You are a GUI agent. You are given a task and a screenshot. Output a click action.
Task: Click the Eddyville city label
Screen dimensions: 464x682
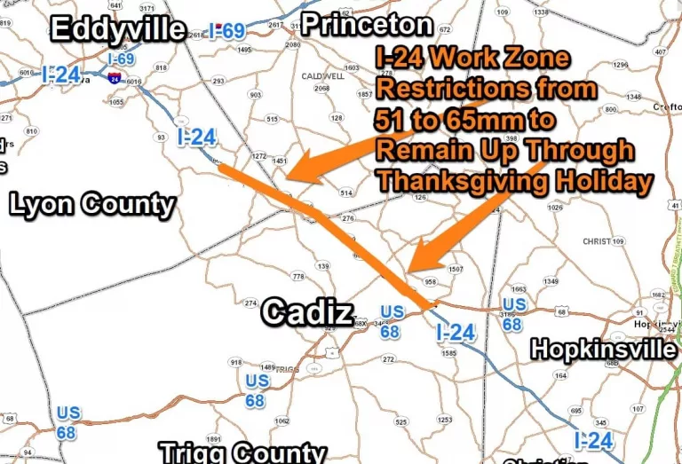[x=118, y=29]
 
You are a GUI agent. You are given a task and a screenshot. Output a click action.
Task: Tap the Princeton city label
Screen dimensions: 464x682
[x=366, y=25]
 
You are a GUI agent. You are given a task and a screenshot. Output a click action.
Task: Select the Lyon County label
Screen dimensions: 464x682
[x=92, y=205]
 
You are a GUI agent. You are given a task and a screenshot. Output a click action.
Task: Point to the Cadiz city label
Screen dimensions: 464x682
[x=306, y=312]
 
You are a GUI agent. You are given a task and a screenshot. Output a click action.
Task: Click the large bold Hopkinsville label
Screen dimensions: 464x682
[x=603, y=350]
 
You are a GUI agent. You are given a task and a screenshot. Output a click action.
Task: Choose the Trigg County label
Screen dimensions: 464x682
[x=242, y=452]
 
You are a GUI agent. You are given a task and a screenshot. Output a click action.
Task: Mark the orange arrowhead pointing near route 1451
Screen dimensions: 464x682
[x=296, y=169]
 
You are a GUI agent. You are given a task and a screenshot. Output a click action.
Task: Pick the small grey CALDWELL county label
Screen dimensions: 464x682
[x=323, y=76]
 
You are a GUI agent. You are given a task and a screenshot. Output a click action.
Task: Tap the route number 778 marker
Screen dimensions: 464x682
[x=298, y=277]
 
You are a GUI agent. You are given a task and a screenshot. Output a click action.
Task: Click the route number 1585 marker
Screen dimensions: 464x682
[x=449, y=353]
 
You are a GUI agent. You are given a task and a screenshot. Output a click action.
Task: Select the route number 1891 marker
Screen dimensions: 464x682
[x=213, y=438]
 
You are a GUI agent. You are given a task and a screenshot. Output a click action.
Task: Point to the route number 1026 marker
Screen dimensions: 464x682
[x=555, y=208]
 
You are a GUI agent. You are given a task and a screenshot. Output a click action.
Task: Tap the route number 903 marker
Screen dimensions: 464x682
[x=256, y=95]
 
